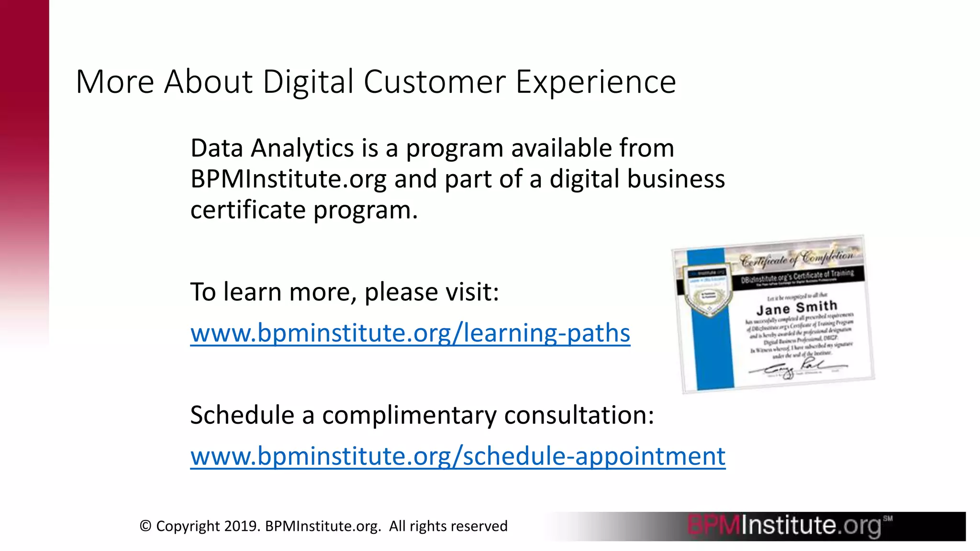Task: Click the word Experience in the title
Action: [x=595, y=82]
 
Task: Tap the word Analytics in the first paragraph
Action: [x=302, y=148]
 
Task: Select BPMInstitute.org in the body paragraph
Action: [x=288, y=179]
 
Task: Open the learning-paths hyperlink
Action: [x=410, y=333]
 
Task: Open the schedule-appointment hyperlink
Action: [x=457, y=456]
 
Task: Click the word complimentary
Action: [x=409, y=415]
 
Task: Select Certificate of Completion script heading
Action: [x=796, y=258]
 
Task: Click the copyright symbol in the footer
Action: [x=145, y=526]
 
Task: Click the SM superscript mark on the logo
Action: [x=888, y=518]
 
